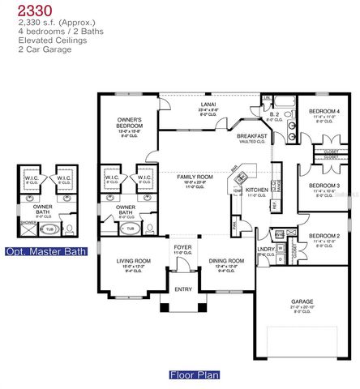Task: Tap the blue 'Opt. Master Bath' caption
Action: click(45, 252)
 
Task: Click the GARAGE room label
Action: click(302, 301)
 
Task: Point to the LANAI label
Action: click(209, 105)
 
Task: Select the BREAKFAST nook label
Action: click(252, 137)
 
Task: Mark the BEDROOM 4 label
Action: click(324, 111)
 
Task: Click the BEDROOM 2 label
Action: click(324, 237)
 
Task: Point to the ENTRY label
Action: click(182, 289)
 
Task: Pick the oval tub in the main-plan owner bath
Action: click(129, 229)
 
